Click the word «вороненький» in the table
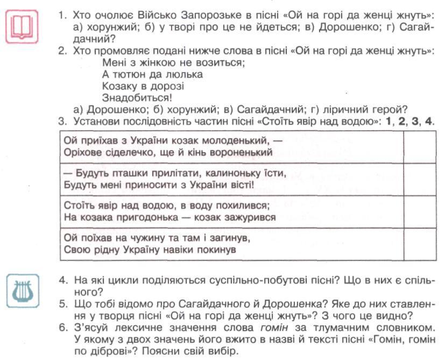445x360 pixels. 241,152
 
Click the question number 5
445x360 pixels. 63,304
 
